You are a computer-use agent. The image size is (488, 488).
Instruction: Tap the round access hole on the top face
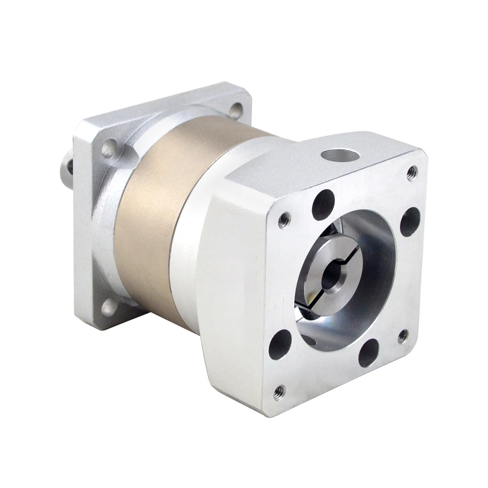340,156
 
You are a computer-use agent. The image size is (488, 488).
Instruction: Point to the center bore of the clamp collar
331,276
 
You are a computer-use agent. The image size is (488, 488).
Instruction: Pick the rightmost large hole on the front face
410,222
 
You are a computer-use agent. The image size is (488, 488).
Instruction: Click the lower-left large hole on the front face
280,344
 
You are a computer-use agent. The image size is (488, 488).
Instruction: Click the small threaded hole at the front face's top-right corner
412,172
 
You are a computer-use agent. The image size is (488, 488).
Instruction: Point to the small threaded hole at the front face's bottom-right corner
403,336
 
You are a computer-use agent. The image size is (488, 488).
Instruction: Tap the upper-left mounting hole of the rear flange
109,148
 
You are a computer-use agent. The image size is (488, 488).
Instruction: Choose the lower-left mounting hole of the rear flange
108,307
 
